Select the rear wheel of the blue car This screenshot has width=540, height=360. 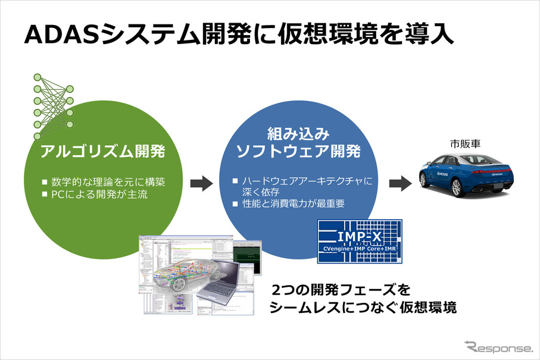(x=425, y=180)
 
